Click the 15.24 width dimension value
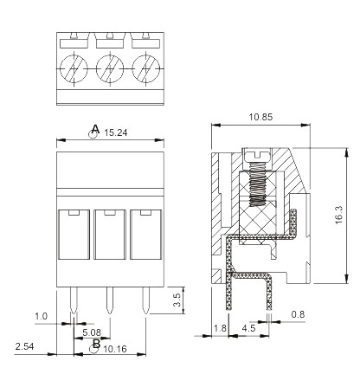(x=116, y=132)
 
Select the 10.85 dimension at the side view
(x=260, y=117)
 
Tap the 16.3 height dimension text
(x=338, y=215)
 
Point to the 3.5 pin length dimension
(x=177, y=300)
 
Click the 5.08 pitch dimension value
(x=92, y=332)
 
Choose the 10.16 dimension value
(x=115, y=349)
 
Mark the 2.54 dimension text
(x=24, y=346)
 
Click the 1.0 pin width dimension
(x=41, y=316)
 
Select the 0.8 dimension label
(x=298, y=314)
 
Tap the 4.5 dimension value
(x=248, y=328)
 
